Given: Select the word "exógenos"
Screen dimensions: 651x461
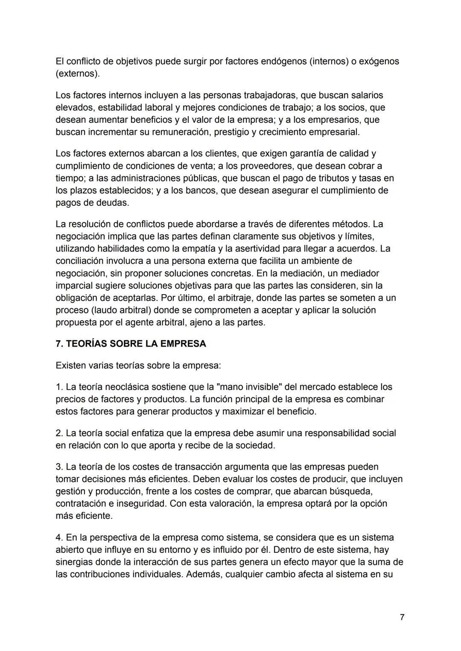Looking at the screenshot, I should (379, 61).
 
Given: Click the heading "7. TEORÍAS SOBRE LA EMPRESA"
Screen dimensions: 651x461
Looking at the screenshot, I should (131, 344).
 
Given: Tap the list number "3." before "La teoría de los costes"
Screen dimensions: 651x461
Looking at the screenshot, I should (59, 467).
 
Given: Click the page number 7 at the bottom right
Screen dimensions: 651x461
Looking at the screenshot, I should (402, 618).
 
